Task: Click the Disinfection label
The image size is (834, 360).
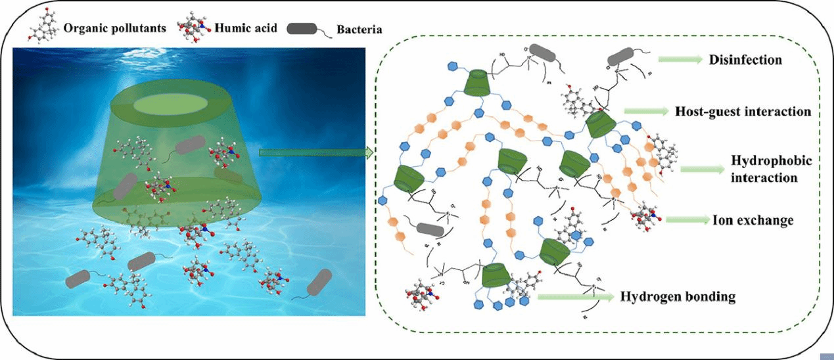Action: [745, 60]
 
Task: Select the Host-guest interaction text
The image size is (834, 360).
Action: [743, 112]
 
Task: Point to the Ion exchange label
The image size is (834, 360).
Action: [753, 220]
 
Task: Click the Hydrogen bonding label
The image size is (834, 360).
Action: [678, 297]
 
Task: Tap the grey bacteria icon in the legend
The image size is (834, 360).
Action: [308, 28]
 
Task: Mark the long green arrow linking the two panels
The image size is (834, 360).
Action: [315, 153]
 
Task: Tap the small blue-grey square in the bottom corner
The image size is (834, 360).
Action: [827, 355]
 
